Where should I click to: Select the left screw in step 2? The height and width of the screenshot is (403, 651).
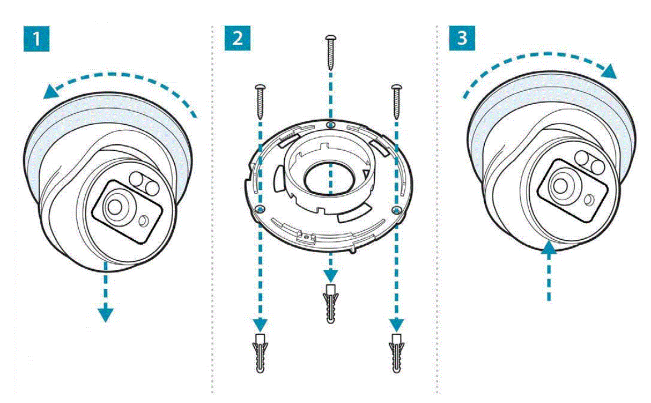point(261,101)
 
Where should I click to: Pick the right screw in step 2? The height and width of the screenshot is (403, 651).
point(397,101)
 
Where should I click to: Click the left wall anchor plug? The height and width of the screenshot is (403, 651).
point(260,352)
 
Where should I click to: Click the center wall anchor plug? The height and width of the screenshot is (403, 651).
point(331,304)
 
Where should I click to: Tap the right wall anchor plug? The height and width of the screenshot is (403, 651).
point(396,352)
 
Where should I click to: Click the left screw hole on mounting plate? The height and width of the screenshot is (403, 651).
point(260,208)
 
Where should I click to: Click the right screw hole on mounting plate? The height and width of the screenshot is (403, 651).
point(396,208)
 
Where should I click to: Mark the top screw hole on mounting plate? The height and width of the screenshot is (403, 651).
point(330,124)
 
